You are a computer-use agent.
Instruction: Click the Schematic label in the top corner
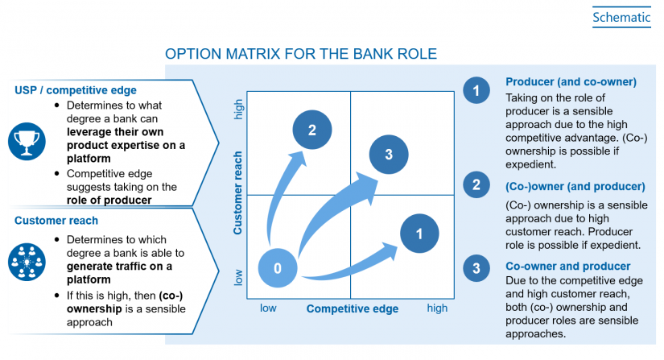coord(621,16)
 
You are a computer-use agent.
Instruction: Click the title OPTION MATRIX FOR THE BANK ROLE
coord(300,55)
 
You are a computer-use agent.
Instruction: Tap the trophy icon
coord(27,142)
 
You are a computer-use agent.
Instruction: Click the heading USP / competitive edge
coord(76,89)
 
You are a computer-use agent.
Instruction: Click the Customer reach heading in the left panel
coord(56,221)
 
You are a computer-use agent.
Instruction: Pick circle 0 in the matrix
coord(278,268)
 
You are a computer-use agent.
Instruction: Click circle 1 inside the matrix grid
coord(419,234)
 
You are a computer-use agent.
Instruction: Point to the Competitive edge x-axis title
coord(352,308)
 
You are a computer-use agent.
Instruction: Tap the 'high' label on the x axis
coord(437,308)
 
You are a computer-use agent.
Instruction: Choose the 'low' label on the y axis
coord(238,277)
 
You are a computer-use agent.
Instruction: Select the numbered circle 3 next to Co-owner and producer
coord(476,267)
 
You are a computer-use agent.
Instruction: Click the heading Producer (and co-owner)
coord(571,82)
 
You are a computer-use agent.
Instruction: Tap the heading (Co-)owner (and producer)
coord(575,186)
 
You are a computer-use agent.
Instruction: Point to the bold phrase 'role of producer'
coord(109,200)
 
